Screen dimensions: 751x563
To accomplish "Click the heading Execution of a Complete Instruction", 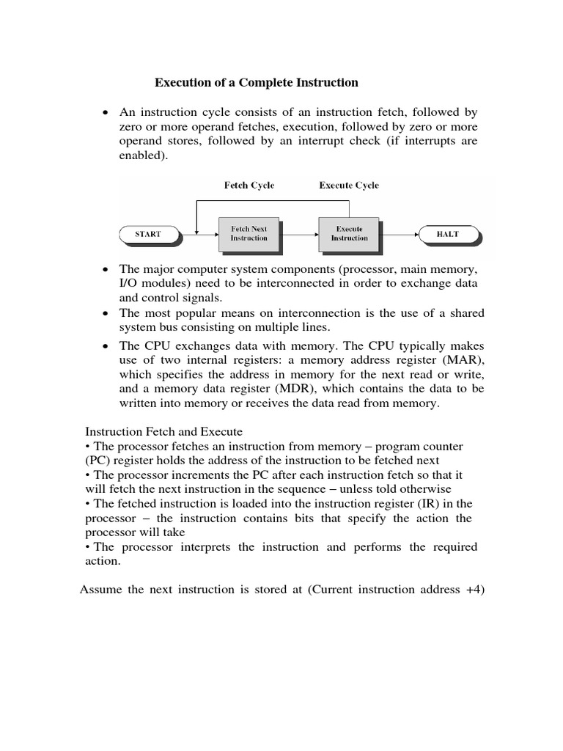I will (256, 83).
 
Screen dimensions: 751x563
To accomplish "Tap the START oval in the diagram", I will (150, 234).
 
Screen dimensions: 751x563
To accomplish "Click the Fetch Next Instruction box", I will (249, 234).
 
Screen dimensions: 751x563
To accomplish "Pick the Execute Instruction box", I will (349, 234).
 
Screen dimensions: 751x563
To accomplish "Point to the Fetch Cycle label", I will (249, 186).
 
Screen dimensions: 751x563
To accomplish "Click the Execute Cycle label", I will (349, 186).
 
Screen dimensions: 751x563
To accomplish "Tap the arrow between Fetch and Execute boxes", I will (299, 234).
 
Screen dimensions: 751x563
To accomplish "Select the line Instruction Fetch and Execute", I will (164, 432).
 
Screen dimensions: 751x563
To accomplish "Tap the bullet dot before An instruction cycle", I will (107, 113).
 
